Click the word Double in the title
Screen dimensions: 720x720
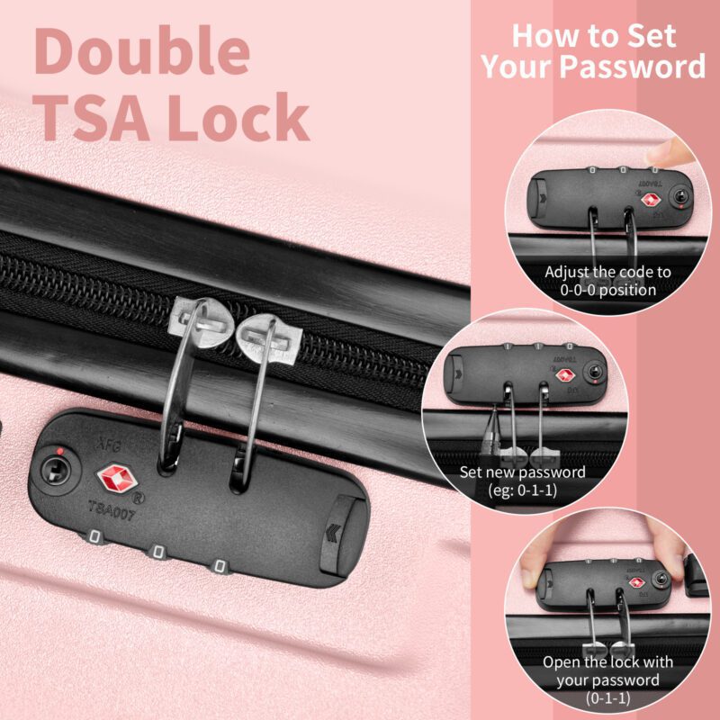pyautogui.click(x=142, y=50)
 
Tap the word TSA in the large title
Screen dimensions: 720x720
pyautogui.click(x=95, y=118)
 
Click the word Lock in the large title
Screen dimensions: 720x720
pyautogui.click(x=238, y=117)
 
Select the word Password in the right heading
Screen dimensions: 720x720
pyautogui.click(x=633, y=66)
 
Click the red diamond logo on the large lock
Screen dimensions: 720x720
pyautogui.click(x=115, y=478)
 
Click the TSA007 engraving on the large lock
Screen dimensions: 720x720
pyautogui.click(x=112, y=510)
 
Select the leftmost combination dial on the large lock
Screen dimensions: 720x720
pyautogui.click(x=94, y=536)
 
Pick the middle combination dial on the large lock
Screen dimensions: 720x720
pyautogui.click(x=158, y=552)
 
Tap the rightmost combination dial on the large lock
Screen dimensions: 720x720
pyautogui.click(x=220, y=566)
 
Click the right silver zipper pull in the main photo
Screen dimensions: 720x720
pyautogui.click(x=269, y=338)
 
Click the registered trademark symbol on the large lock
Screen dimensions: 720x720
pyautogui.click(x=138, y=498)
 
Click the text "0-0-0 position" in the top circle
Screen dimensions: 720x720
pyautogui.click(x=608, y=290)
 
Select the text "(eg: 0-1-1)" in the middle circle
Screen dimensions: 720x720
pyautogui.click(x=523, y=490)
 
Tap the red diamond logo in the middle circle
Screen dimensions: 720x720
pyautogui.click(x=565, y=375)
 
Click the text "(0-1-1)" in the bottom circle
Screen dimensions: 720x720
pyautogui.click(x=607, y=698)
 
